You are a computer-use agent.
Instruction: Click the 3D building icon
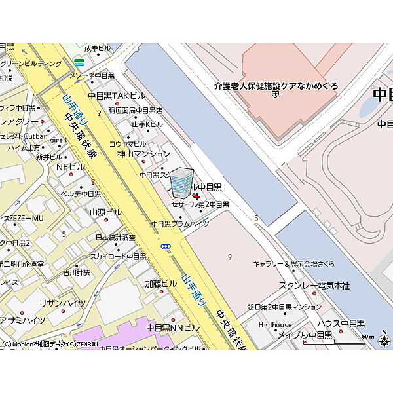[182, 182]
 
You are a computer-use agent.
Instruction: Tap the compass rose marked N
[384, 341]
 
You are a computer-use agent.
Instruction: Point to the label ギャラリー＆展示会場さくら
[293, 264]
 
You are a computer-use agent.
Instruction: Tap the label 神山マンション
[143, 154]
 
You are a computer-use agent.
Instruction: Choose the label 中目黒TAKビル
[112, 96]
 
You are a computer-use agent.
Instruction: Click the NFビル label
[71, 167]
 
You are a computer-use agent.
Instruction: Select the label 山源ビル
[105, 212]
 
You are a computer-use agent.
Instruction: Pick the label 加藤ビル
[161, 284]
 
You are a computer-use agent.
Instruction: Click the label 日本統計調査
[115, 237]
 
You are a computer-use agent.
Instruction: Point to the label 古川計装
[76, 272]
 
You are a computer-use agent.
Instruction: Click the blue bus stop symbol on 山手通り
[166, 247]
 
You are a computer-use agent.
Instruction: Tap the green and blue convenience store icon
[79, 63]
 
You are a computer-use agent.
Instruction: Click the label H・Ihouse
[275, 324]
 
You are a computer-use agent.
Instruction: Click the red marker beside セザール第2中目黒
[197, 196]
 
